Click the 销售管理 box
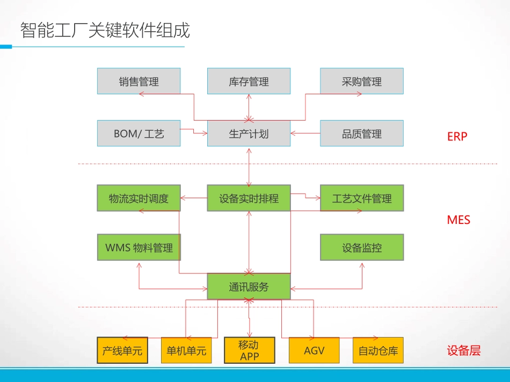click(x=139, y=81)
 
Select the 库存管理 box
click(x=249, y=81)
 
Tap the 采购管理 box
click(x=361, y=81)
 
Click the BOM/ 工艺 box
click(x=139, y=133)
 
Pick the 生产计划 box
click(x=249, y=133)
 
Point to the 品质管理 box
click(x=361, y=133)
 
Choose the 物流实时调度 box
click(x=139, y=198)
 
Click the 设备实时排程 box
click(x=249, y=198)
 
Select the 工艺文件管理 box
click(x=361, y=198)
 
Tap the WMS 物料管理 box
click(x=139, y=248)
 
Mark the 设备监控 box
click(x=361, y=248)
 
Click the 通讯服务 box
click(x=249, y=287)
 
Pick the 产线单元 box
click(x=122, y=351)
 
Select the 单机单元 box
click(x=186, y=351)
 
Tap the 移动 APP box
click(x=249, y=351)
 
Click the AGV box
click(x=314, y=351)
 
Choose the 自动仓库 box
click(x=378, y=351)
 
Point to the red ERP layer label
click(x=457, y=137)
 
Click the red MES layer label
click(x=458, y=220)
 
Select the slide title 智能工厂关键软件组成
click(x=105, y=31)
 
